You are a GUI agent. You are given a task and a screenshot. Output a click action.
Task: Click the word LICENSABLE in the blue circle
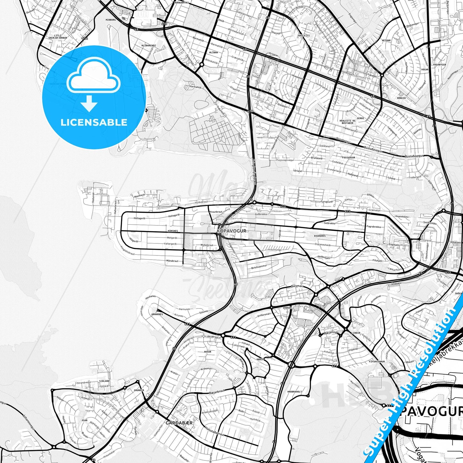point(94,122)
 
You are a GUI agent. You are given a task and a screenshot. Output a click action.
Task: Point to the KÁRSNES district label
point(172,231)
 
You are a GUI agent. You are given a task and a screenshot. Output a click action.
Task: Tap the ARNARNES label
point(157,314)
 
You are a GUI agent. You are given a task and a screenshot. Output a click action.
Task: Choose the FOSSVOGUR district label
point(349,158)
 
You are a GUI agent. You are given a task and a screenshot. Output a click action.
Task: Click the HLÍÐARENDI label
point(148,45)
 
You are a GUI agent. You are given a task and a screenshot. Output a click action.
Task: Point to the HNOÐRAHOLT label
point(294,392)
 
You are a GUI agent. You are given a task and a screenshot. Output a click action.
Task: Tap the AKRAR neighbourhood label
point(208,351)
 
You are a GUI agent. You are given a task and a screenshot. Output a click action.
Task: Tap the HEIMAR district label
point(386,41)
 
